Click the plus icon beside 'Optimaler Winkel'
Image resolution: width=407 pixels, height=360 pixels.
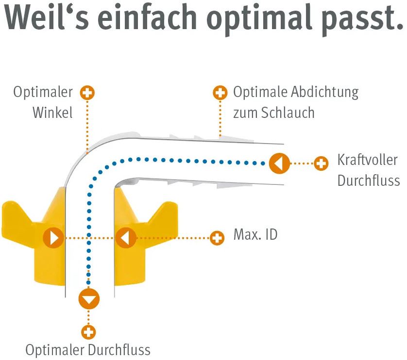87,93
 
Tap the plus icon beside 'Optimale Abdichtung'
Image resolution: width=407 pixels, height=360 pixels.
220,93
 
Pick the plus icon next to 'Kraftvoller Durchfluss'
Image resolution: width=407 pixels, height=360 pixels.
321,164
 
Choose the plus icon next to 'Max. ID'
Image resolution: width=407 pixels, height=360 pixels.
217,238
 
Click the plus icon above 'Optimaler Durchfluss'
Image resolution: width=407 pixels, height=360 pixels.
88,332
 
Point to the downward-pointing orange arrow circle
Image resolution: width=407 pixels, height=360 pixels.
88,299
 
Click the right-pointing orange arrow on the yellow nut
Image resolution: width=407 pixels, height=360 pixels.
53,238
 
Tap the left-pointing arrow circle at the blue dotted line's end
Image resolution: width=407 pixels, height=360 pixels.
279,163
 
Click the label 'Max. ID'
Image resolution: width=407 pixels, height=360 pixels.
255,235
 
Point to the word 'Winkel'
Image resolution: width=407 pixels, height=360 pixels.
52,113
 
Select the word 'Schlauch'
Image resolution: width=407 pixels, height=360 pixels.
288,113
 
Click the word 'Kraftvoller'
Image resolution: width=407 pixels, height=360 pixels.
367,160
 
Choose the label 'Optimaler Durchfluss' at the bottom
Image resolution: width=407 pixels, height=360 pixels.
88,350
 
